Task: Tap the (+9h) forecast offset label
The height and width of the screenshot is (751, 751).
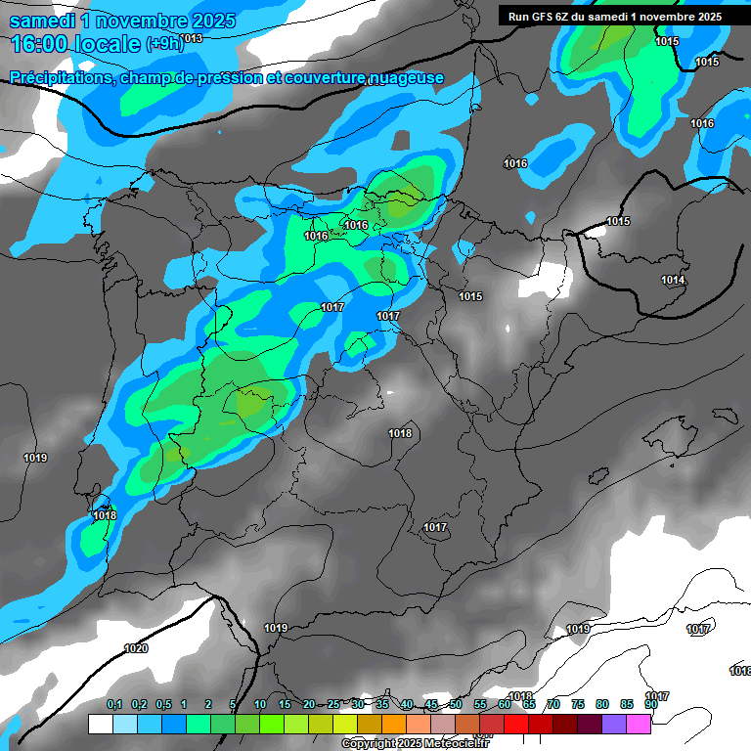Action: coord(164,44)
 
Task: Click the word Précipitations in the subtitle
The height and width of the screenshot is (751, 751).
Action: coord(61,77)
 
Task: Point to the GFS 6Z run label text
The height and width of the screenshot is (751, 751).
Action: coord(614,17)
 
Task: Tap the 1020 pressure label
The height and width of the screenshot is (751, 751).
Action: coord(137,648)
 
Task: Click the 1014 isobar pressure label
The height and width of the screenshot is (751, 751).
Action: coord(673,281)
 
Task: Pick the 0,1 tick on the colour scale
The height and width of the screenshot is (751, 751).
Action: coord(114,704)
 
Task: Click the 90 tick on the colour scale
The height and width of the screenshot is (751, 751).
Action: coord(650,704)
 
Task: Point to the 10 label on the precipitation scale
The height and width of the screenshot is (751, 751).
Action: coord(260,704)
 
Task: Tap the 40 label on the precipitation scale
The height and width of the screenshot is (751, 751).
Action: coord(407,704)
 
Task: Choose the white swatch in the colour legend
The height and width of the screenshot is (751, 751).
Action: coord(100,724)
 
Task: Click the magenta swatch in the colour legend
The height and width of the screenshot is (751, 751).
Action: coord(639,724)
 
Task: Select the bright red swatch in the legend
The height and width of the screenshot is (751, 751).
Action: coord(516,724)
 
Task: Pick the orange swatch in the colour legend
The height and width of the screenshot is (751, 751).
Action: coord(393,724)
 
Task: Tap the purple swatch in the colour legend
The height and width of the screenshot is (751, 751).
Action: coord(614,724)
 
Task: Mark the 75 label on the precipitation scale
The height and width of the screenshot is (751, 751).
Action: coord(578,704)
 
